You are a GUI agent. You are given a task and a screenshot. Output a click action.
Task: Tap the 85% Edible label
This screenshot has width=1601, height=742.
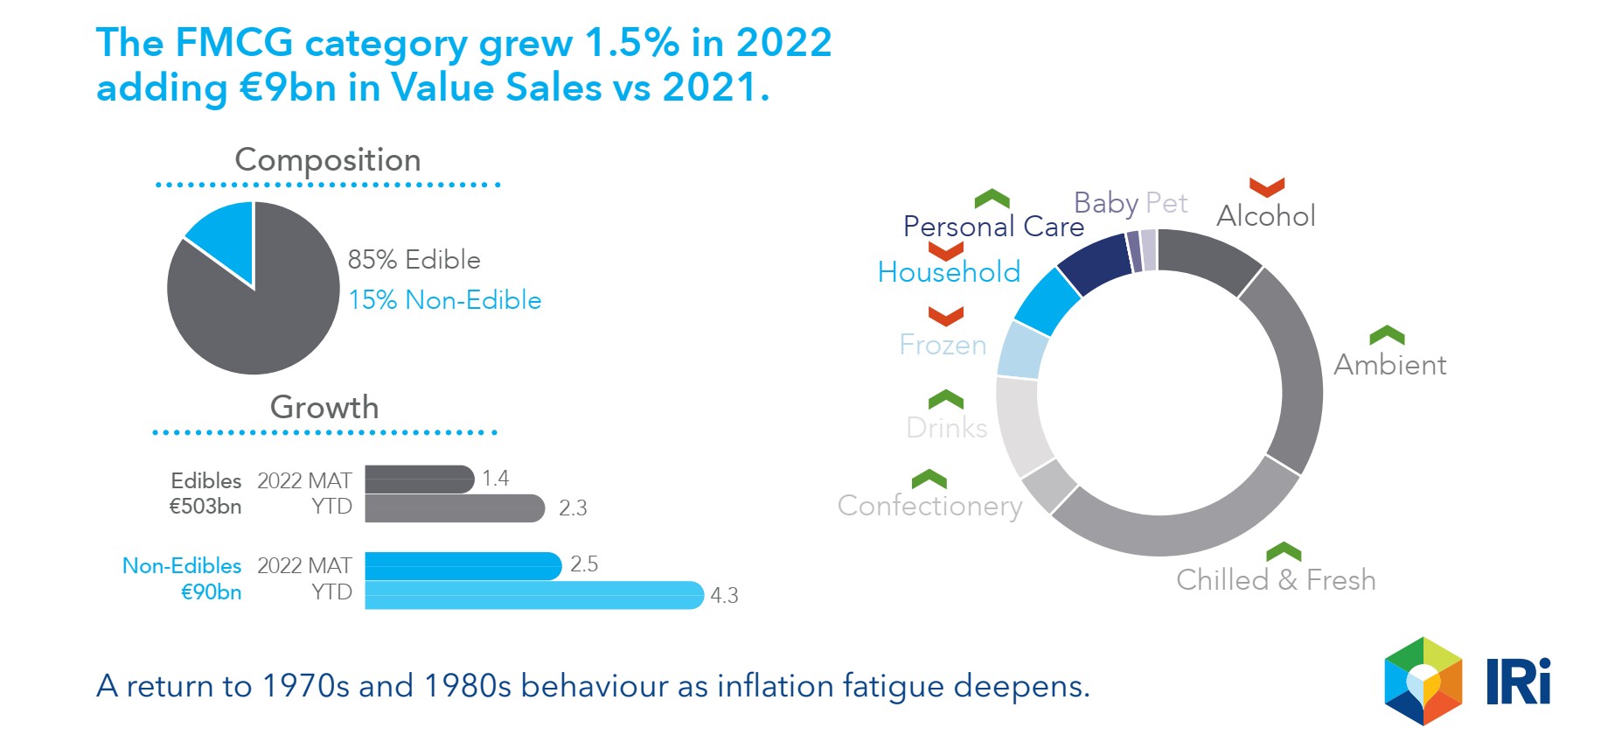click(414, 260)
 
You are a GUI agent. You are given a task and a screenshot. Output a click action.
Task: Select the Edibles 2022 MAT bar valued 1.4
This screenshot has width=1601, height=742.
click(419, 479)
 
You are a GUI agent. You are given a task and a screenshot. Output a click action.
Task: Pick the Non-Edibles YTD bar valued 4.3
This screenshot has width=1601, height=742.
click(533, 595)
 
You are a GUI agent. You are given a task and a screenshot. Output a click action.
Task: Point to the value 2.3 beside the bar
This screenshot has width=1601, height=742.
click(573, 508)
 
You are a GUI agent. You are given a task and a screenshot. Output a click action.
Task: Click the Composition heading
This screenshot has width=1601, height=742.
click(328, 160)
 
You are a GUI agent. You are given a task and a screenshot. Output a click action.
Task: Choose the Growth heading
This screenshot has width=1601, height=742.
click(324, 407)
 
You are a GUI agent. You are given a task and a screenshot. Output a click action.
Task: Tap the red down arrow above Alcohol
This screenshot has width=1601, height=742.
click(1266, 187)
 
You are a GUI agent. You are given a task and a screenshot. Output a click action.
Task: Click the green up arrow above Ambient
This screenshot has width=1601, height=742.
click(1387, 335)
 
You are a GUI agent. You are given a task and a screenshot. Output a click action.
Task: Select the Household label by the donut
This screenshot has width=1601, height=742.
click(949, 272)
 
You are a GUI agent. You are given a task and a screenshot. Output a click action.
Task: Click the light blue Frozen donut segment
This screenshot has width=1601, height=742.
click(1022, 350)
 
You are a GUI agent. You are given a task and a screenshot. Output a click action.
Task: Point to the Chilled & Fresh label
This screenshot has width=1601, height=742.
click(1276, 580)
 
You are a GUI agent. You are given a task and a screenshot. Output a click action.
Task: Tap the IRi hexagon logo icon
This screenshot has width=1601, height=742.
click(1423, 682)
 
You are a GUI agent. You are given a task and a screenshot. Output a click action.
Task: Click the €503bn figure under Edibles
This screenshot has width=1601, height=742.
click(205, 507)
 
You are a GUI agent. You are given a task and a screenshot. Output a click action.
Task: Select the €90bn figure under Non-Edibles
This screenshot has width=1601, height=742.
click(211, 592)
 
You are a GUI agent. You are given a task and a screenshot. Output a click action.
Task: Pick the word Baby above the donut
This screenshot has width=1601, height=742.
click(1105, 203)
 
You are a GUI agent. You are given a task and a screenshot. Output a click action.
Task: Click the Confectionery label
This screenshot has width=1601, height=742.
click(929, 506)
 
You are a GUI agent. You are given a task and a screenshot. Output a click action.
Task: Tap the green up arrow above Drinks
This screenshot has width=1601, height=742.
click(945, 400)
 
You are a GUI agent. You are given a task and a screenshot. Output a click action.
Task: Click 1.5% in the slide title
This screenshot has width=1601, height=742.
click(631, 42)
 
